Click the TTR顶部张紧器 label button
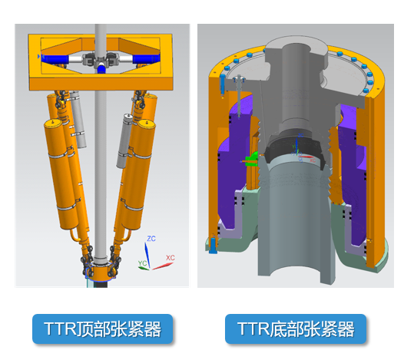click(x=102, y=329)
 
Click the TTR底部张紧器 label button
click(x=296, y=329)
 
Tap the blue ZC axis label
click(x=151, y=239)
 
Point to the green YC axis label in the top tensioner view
click(x=142, y=263)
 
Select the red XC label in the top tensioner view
click(x=171, y=257)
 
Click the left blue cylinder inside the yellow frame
click(x=54, y=59)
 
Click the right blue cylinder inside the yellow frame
click(x=146, y=59)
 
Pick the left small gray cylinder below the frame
click(x=78, y=120)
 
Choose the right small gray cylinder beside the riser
click(x=124, y=140)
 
